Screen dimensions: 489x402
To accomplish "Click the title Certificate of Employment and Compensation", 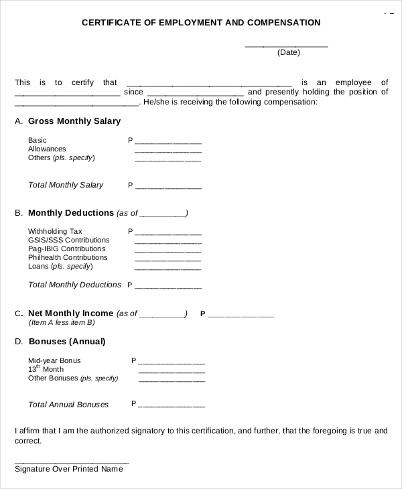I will coord(201,23).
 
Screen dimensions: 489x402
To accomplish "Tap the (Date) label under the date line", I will coord(288,52).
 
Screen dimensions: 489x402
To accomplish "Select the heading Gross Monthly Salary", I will coord(74,121).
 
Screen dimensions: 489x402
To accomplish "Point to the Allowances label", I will coord(47,149).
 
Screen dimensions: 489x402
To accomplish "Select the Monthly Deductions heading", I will coord(71,213).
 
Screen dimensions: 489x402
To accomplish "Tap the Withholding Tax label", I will coord(55,231).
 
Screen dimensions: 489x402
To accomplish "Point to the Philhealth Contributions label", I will coord(68,257).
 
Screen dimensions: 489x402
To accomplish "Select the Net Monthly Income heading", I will coord(71,313).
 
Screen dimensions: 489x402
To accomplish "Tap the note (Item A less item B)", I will coord(62,322).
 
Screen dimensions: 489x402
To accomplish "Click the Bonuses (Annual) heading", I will coord(67,342).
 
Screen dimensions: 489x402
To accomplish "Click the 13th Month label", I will coord(46,369).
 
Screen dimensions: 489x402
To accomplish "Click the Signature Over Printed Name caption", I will coord(69,469).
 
